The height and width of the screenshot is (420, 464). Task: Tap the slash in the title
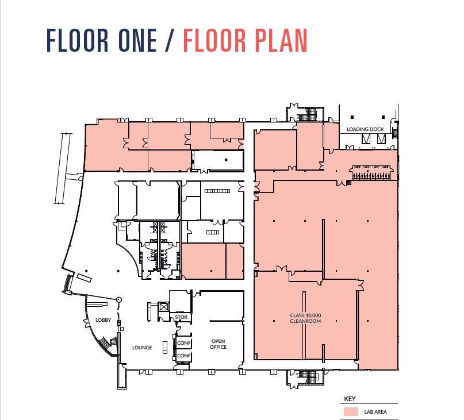point(170,40)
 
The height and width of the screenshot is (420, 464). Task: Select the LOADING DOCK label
point(365,129)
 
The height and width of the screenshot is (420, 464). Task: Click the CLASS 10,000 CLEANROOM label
point(305,318)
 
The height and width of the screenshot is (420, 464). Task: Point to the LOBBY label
point(103,320)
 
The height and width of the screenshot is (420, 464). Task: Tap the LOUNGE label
point(142,348)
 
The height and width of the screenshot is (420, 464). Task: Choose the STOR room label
point(181,317)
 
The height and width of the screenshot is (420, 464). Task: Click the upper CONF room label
point(183,343)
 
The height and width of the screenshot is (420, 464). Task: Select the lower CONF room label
point(183,356)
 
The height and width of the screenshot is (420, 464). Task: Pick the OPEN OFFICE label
point(218,344)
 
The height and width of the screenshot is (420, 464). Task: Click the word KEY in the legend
point(350,398)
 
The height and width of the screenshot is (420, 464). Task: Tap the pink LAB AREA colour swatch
point(350,412)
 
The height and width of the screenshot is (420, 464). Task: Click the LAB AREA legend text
point(374,412)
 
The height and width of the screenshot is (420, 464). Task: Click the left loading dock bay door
point(366,140)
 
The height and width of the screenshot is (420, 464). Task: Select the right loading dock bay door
point(380,140)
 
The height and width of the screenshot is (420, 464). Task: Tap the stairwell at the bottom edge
point(309,377)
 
